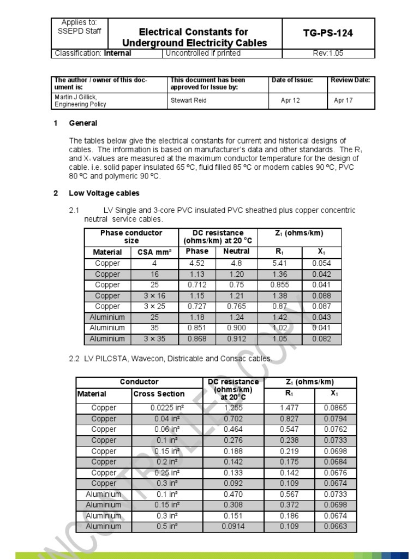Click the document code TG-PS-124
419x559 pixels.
[328, 33]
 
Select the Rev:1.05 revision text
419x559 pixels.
[328, 53]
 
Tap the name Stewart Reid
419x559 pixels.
[188, 100]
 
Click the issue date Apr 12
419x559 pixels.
[290, 100]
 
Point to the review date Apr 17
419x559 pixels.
[343, 100]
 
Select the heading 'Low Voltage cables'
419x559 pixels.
[104, 193]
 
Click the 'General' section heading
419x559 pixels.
[83, 123]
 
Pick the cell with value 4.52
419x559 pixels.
[197, 263]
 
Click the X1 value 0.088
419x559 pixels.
[321, 295]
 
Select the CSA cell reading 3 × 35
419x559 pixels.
[154, 338]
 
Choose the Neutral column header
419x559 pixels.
[236, 251]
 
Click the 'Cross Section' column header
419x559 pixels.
[159, 394]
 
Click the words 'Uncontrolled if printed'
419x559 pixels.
[203, 53]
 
